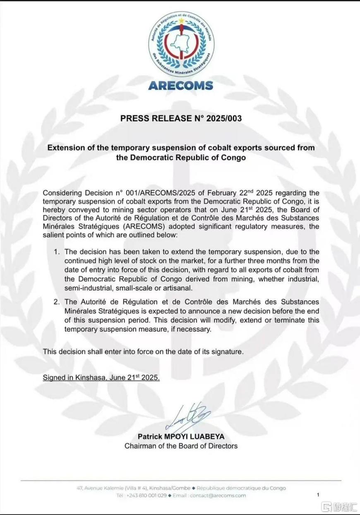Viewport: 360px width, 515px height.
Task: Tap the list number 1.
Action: pyautogui.click(x=57, y=252)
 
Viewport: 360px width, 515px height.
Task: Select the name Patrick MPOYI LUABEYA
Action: pyautogui.click(x=181, y=437)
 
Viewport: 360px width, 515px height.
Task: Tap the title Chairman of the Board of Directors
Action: pyautogui.click(x=181, y=446)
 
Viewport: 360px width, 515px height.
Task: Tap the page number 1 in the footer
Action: pyautogui.click(x=318, y=494)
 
